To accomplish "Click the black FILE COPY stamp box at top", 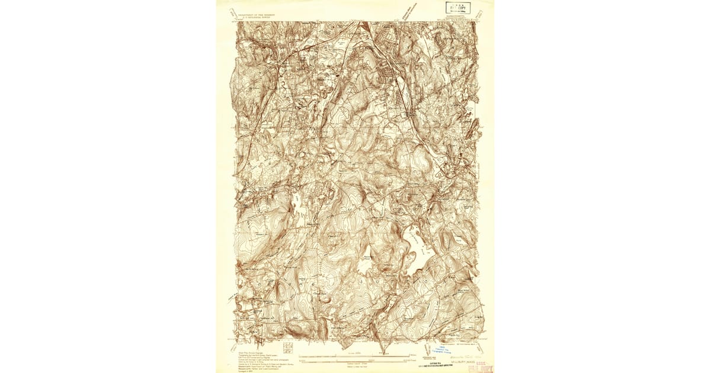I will (x=457, y=9).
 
